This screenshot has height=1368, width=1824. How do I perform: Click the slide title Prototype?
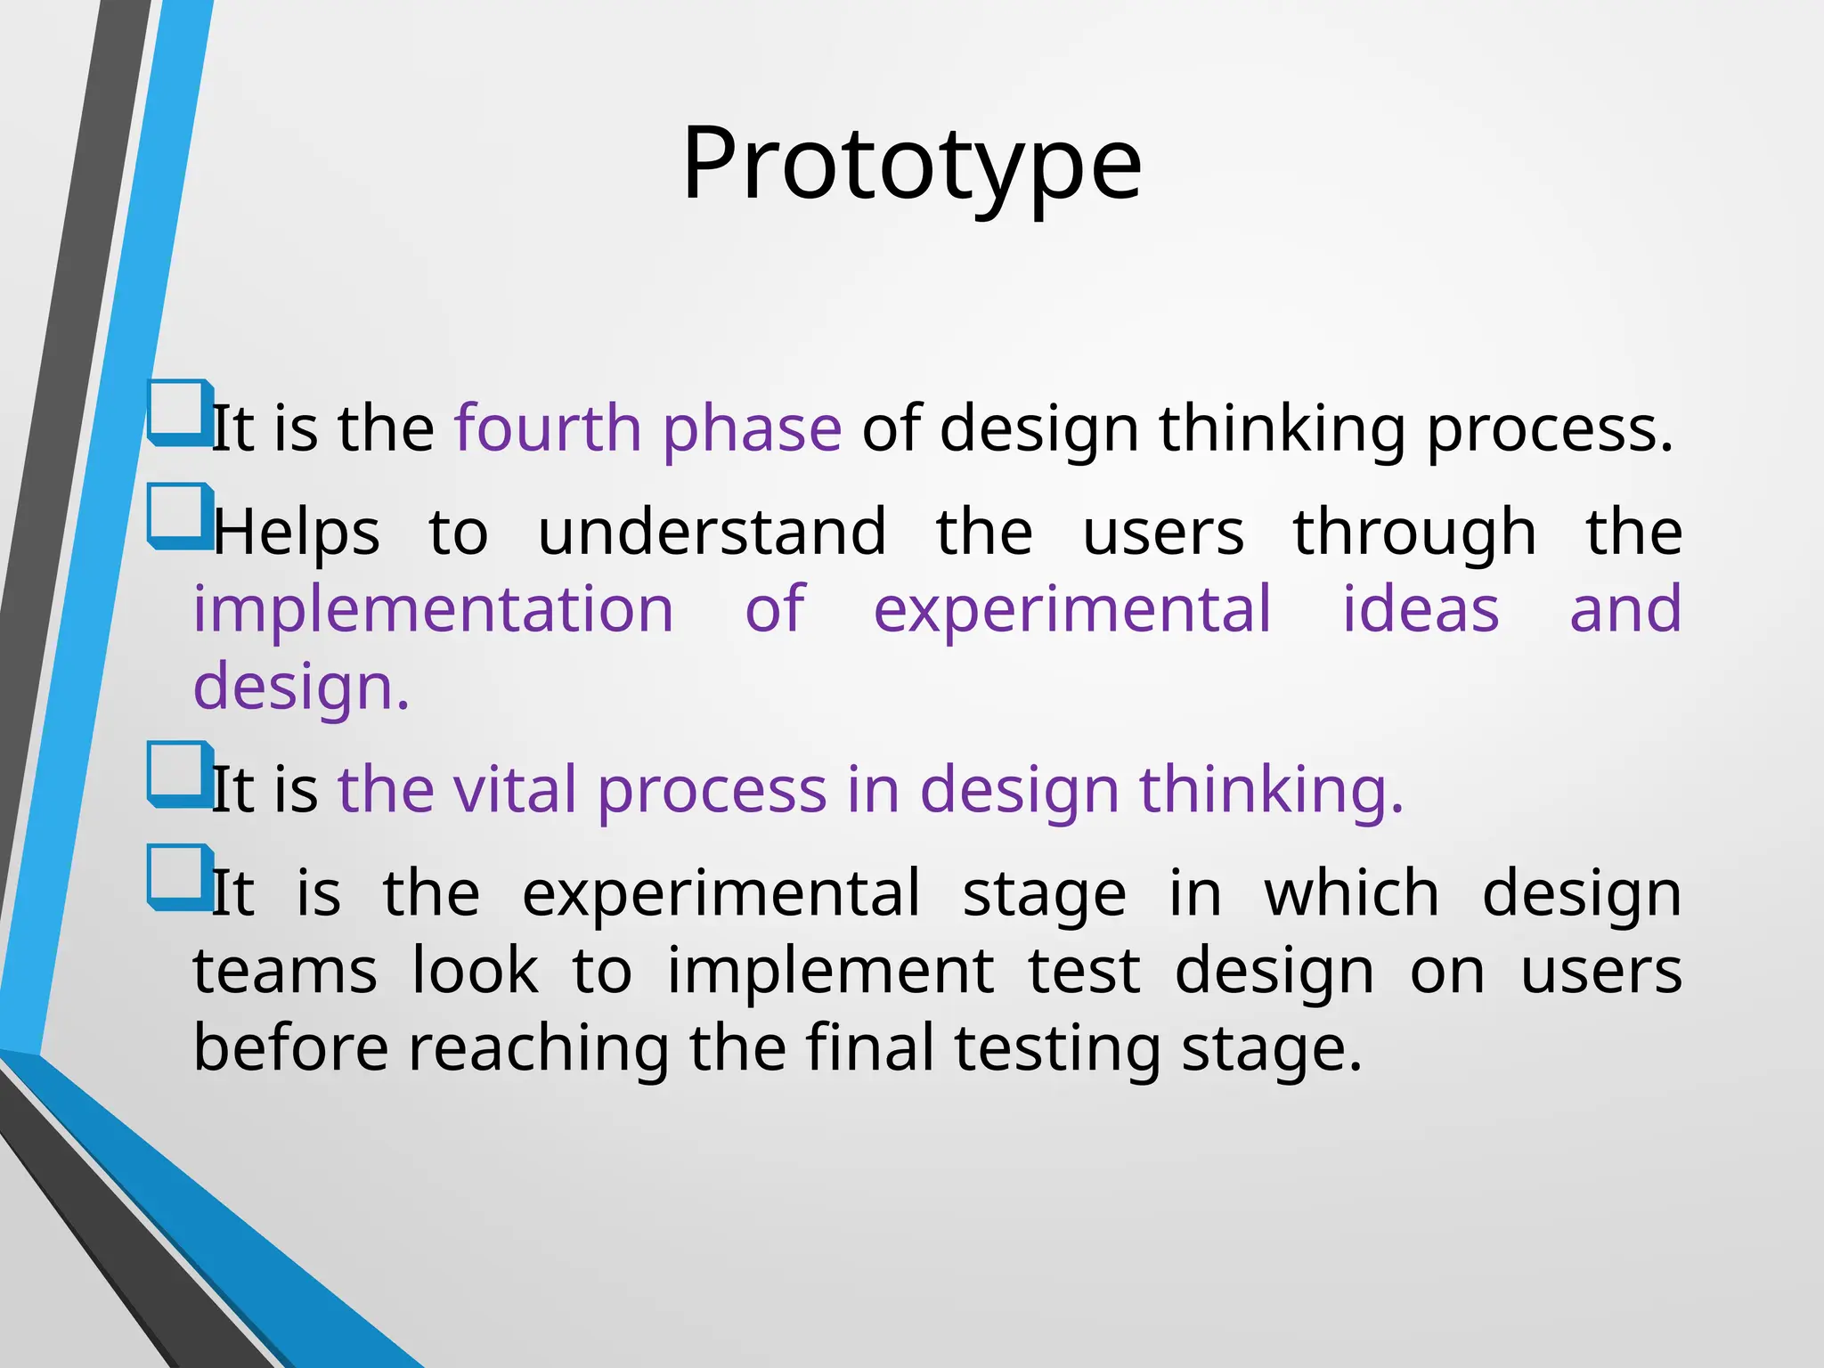[x=911, y=165]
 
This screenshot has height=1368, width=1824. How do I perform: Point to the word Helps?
[x=297, y=533]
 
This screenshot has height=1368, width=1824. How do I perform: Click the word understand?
[x=712, y=532]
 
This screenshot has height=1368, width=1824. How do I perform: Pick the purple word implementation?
[x=434, y=609]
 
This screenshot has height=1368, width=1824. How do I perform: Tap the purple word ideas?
[x=1421, y=609]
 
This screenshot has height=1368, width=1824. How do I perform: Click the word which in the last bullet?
[x=1351, y=893]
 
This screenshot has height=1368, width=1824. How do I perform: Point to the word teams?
[x=285, y=971]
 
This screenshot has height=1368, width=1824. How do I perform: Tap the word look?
[x=475, y=971]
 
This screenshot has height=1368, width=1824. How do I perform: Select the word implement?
[x=830, y=971]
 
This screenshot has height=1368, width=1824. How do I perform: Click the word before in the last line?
[x=290, y=1047]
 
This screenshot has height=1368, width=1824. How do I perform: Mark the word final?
[x=869, y=1047]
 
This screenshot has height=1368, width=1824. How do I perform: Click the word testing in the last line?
[x=1057, y=1049]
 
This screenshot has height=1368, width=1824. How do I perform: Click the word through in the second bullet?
[x=1414, y=533]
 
